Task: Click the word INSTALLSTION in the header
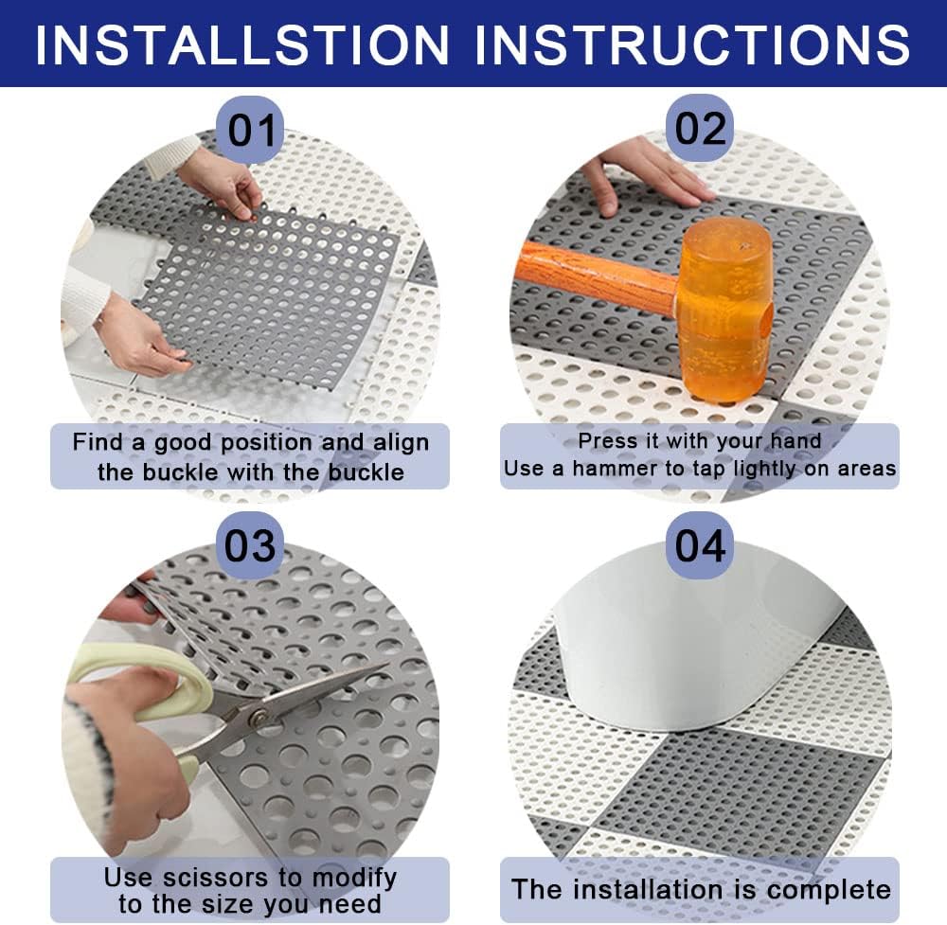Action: pyautogui.click(x=242, y=44)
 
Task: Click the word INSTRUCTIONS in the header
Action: pyautogui.click(x=693, y=44)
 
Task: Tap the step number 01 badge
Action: pyautogui.click(x=251, y=129)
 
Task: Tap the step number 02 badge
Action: pyautogui.click(x=700, y=128)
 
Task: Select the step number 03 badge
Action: pyautogui.click(x=250, y=545)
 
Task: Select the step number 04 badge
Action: pyautogui.click(x=700, y=545)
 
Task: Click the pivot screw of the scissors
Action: pyautogui.click(x=259, y=718)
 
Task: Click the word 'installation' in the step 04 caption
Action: pyautogui.click(x=648, y=889)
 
